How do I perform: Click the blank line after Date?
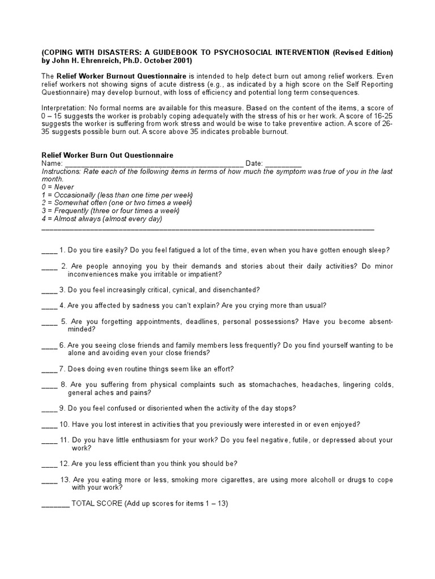pos(283,163)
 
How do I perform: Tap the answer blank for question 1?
pos(49,250)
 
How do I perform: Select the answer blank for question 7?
pos(49,369)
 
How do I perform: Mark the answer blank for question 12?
pos(49,464)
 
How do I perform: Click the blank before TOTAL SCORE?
pos(56,503)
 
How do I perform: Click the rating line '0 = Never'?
pos(58,187)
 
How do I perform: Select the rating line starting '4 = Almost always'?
pos(102,219)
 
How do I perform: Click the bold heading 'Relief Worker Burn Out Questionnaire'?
pos(108,155)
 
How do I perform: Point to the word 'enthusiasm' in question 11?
pos(147,440)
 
